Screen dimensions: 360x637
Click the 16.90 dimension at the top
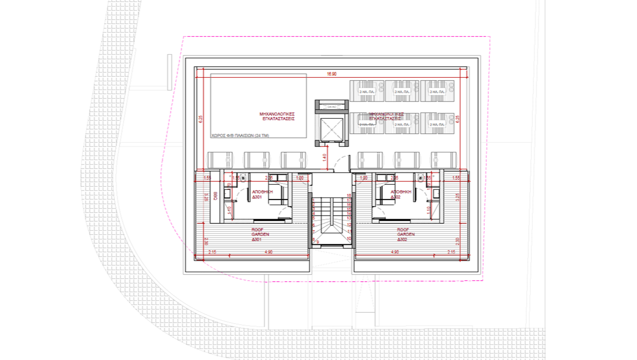[331, 74]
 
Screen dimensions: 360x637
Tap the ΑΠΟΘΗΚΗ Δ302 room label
[401, 194]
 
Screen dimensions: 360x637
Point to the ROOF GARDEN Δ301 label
[260, 234]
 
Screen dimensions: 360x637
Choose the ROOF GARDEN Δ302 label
[405, 234]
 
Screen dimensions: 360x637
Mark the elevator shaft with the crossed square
[331, 127]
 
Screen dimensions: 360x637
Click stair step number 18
[349, 195]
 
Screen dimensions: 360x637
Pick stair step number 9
[318, 242]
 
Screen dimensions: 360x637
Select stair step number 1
[314, 200]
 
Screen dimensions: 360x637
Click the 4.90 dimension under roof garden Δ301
[268, 251]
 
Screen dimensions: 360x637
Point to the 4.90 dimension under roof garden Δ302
[394, 251]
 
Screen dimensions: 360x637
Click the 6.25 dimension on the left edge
[201, 119]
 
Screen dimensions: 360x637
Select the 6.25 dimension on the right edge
[458, 119]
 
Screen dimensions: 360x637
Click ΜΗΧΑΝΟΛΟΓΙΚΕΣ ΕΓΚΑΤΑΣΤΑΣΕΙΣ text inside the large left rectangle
[277, 116]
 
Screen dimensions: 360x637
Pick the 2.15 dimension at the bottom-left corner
[212, 251]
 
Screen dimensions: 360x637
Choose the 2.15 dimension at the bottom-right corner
[451, 251]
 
